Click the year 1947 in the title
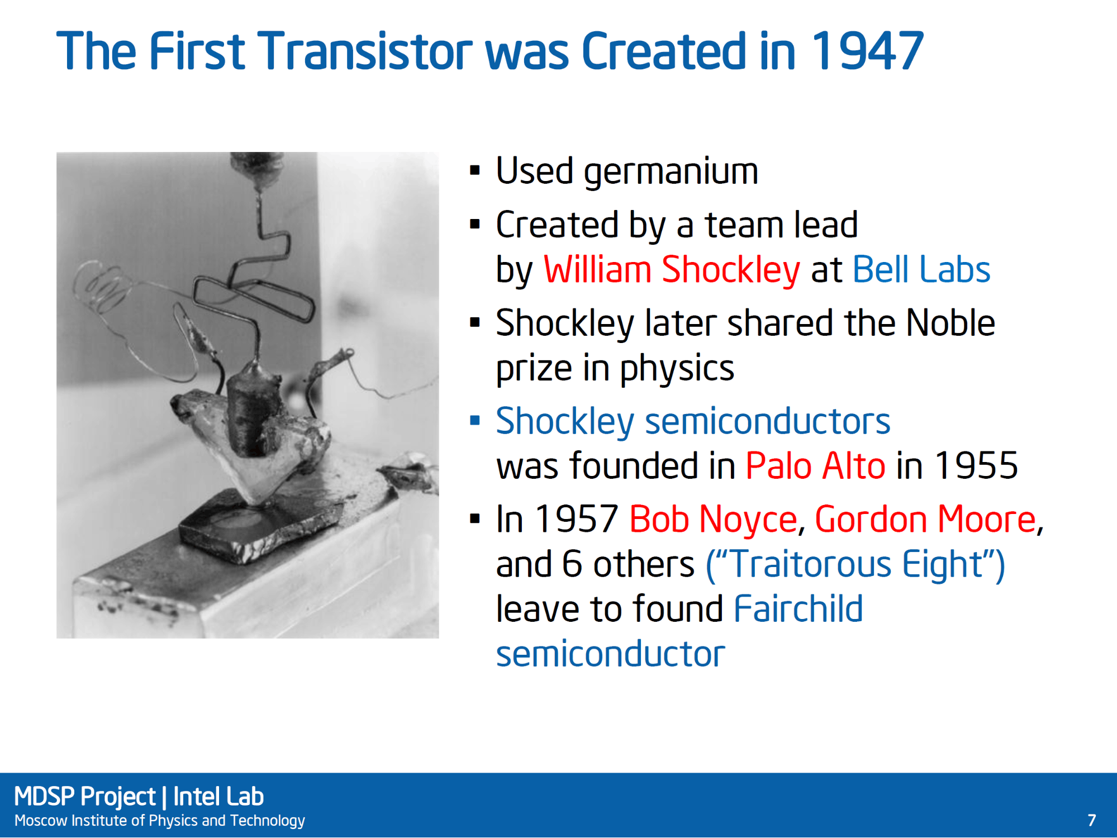pyautogui.click(x=867, y=51)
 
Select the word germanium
pyautogui.click(x=671, y=172)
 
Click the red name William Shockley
pyautogui.click(x=672, y=269)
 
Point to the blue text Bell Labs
pyautogui.click(x=921, y=269)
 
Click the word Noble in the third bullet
pyautogui.click(x=950, y=323)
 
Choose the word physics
pyautogui.click(x=677, y=369)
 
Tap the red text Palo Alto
pyautogui.click(x=816, y=465)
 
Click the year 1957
pyautogui.click(x=576, y=519)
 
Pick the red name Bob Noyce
pyautogui.click(x=713, y=519)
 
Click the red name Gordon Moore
pyautogui.click(x=925, y=519)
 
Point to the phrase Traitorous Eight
pyautogui.click(x=856, y=564)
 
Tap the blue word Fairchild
pyautogui.click(x=798, y=608)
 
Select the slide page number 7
pyautogui.click(x=1091, y=820)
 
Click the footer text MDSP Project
pyautogui.click(x=84, y=797)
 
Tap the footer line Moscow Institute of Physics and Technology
pyautogui.click(x=159, y=821)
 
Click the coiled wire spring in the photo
pyautogui.click(x=103, y=288)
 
